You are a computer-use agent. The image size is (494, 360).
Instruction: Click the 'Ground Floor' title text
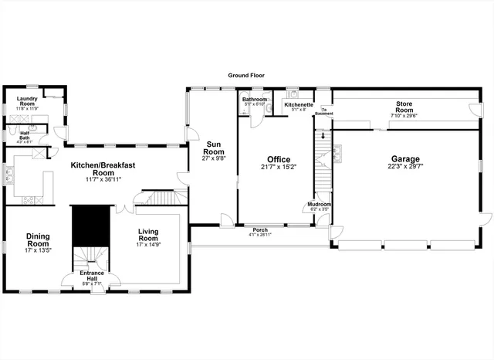[246, 76]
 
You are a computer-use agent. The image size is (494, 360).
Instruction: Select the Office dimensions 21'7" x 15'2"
[279, 167]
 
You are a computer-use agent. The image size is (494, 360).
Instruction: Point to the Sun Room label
[214, 147]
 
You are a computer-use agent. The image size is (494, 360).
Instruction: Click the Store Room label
[405, 107]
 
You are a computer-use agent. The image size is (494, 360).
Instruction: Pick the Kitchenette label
[298, 104]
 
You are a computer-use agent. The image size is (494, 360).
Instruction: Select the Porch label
[260, 230]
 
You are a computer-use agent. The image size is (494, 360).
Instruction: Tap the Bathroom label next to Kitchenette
[254, 100]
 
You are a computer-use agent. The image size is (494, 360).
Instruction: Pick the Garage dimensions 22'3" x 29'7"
[405, 166]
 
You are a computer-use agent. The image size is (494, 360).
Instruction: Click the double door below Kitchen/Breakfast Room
[120, 209]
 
